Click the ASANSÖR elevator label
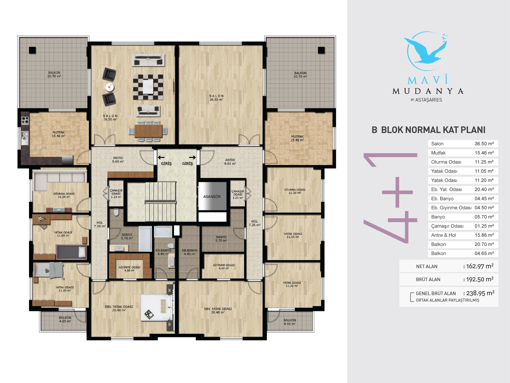(x=212, y=197)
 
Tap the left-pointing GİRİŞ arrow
(x=161, y=157)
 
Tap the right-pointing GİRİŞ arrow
(x=193, y=157)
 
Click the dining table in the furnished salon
(x=148, y=131)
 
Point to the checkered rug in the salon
(x=148, y=87)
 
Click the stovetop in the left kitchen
(x=25, y=120)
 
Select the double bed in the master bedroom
(x=157, y=308)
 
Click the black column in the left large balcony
(x=32, y=50)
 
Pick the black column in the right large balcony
(x=321, y=50)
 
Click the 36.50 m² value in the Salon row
(x=484, y=144)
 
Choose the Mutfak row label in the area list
(x=438, y=153)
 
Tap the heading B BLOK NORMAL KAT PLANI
(x=428, y=130)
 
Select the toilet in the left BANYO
(x=116, y=212)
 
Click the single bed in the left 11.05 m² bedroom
(x=72, y=252)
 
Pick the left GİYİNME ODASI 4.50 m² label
(x=129, y=269)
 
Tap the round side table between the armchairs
(x=109, y=87)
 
